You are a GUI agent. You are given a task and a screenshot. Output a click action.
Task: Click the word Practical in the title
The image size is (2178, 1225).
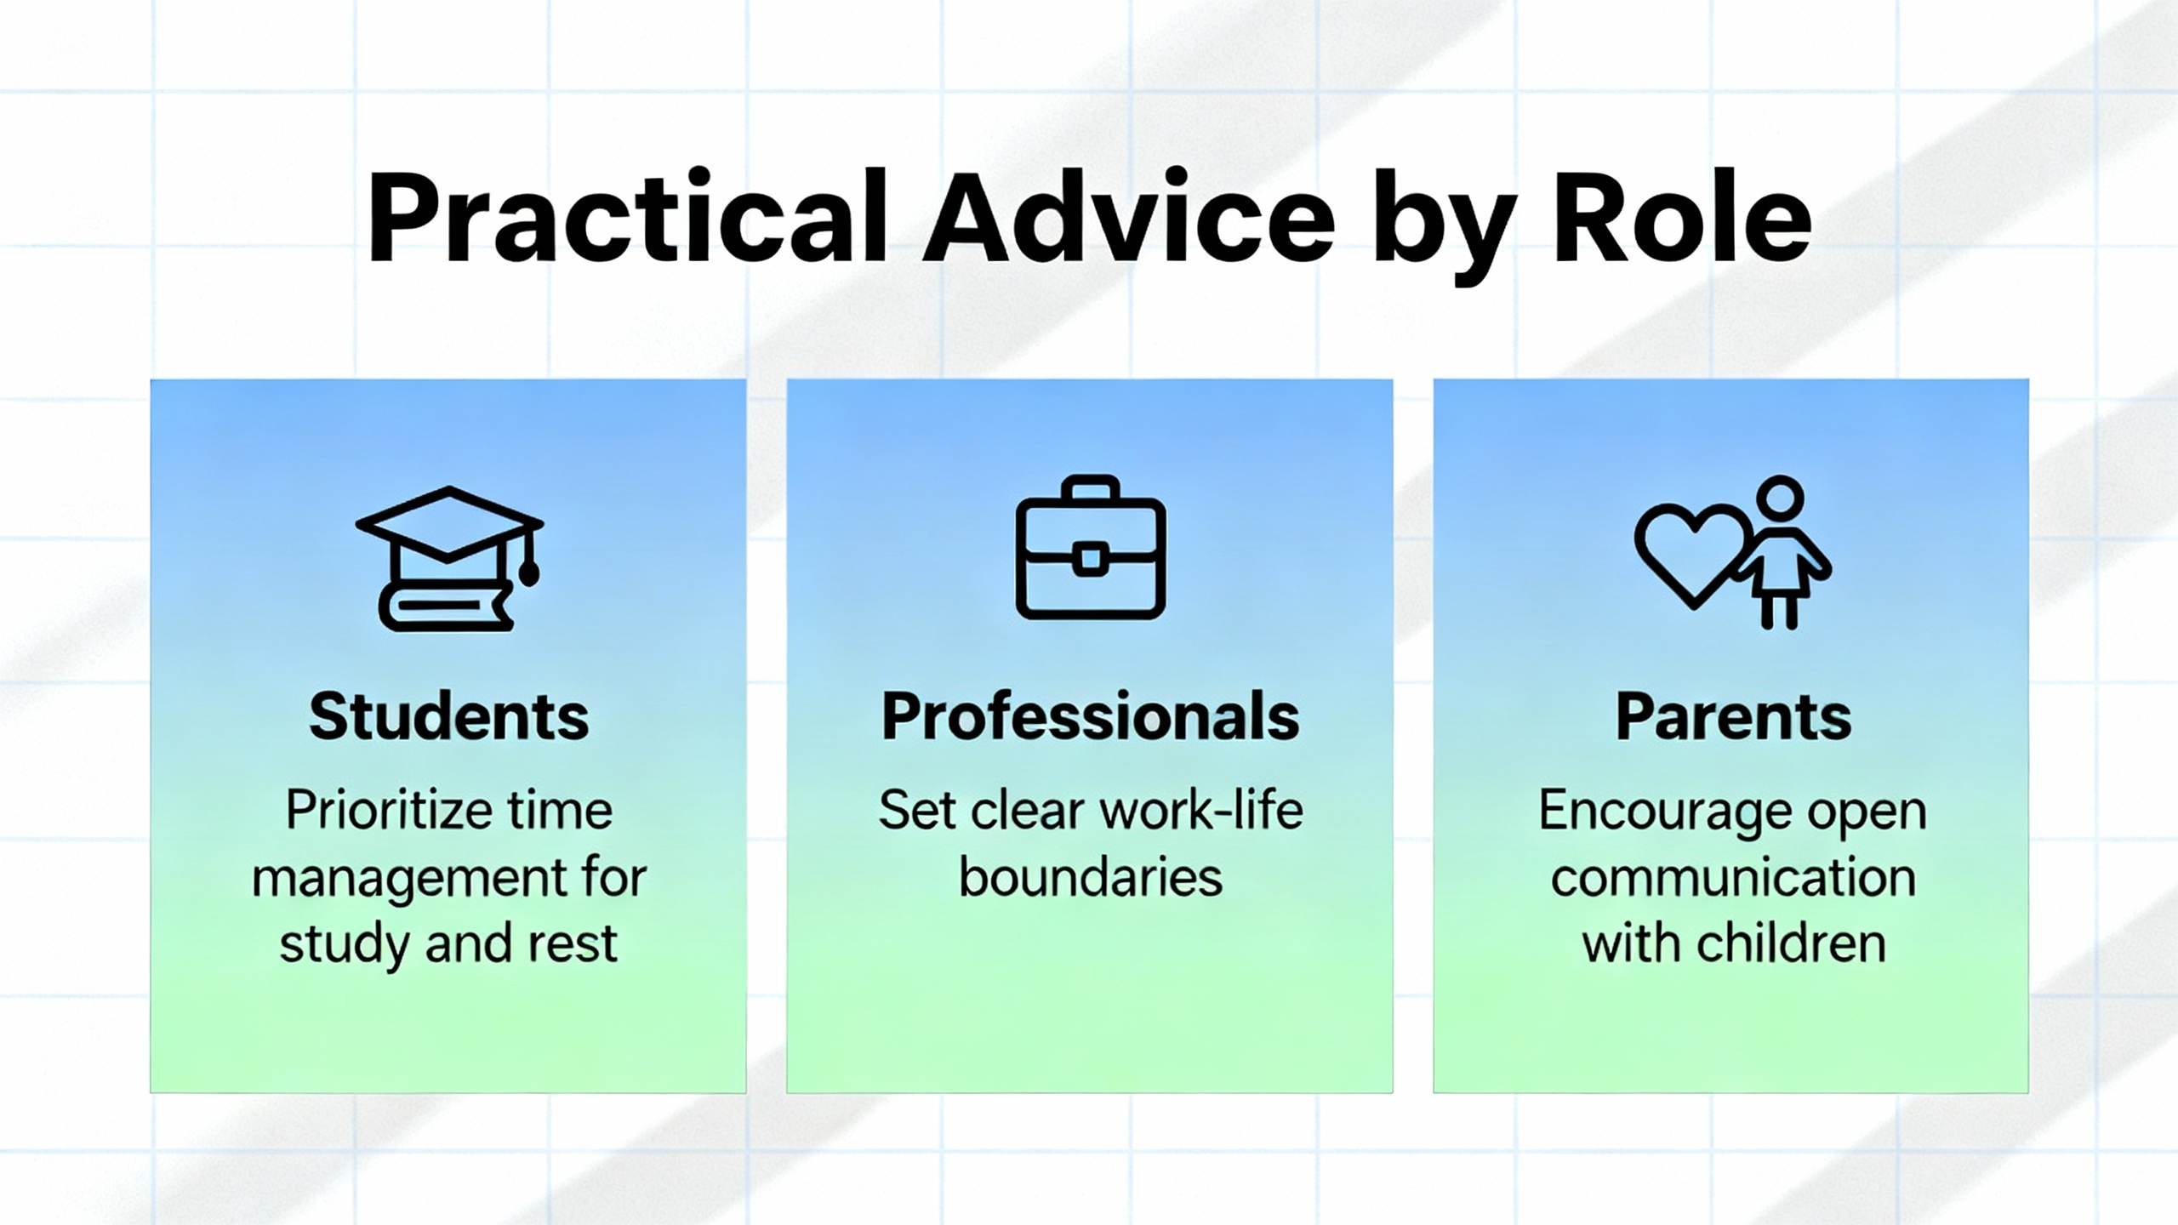pyautogui.click(x=626, y=219)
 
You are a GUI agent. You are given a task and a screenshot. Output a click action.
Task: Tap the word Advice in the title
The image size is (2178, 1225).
pyautogui.click(x=1130, y=219)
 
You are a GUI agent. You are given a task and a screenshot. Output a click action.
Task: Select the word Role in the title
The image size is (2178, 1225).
pyautogui.click(x=1682, y=219)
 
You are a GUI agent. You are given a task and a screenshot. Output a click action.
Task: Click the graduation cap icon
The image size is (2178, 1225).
pyautogui.click(x=449, y=558)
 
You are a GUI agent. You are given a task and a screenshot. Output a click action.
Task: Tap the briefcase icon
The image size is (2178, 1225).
pyautogui.click(x=1090, y=547)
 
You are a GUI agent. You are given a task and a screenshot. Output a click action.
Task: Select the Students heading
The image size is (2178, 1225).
pyautogui.click(x=448, y=716)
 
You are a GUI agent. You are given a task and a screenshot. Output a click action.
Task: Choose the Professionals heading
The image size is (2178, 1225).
pyautogui.click(x=1090, y=716)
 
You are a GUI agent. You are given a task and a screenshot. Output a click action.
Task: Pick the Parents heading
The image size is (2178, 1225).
pyautogui.click(x=1733, y=716)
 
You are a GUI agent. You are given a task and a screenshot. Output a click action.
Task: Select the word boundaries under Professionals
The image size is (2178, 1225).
pyautogui.click(x=1091, y=877)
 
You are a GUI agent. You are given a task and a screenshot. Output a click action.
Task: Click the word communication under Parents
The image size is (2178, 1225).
pyautogui.click(x=1732, y=877)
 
